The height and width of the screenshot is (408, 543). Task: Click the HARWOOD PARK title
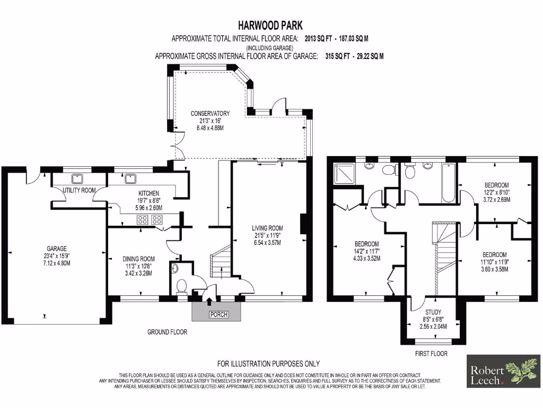click(271, 25)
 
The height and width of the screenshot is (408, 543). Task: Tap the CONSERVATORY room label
click(211, 113)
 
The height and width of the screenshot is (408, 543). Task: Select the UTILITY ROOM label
click(79, 190)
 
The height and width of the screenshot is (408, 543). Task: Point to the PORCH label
click(218, 315)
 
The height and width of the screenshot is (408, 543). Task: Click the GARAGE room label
click(57, 248)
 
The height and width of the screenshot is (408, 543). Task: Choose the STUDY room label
click(433, 312)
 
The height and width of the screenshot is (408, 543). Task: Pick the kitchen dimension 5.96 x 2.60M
click(149, 208)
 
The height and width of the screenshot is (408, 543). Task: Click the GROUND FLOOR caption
click(167, 333)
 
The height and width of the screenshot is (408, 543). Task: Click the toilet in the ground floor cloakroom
click(181, 287)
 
